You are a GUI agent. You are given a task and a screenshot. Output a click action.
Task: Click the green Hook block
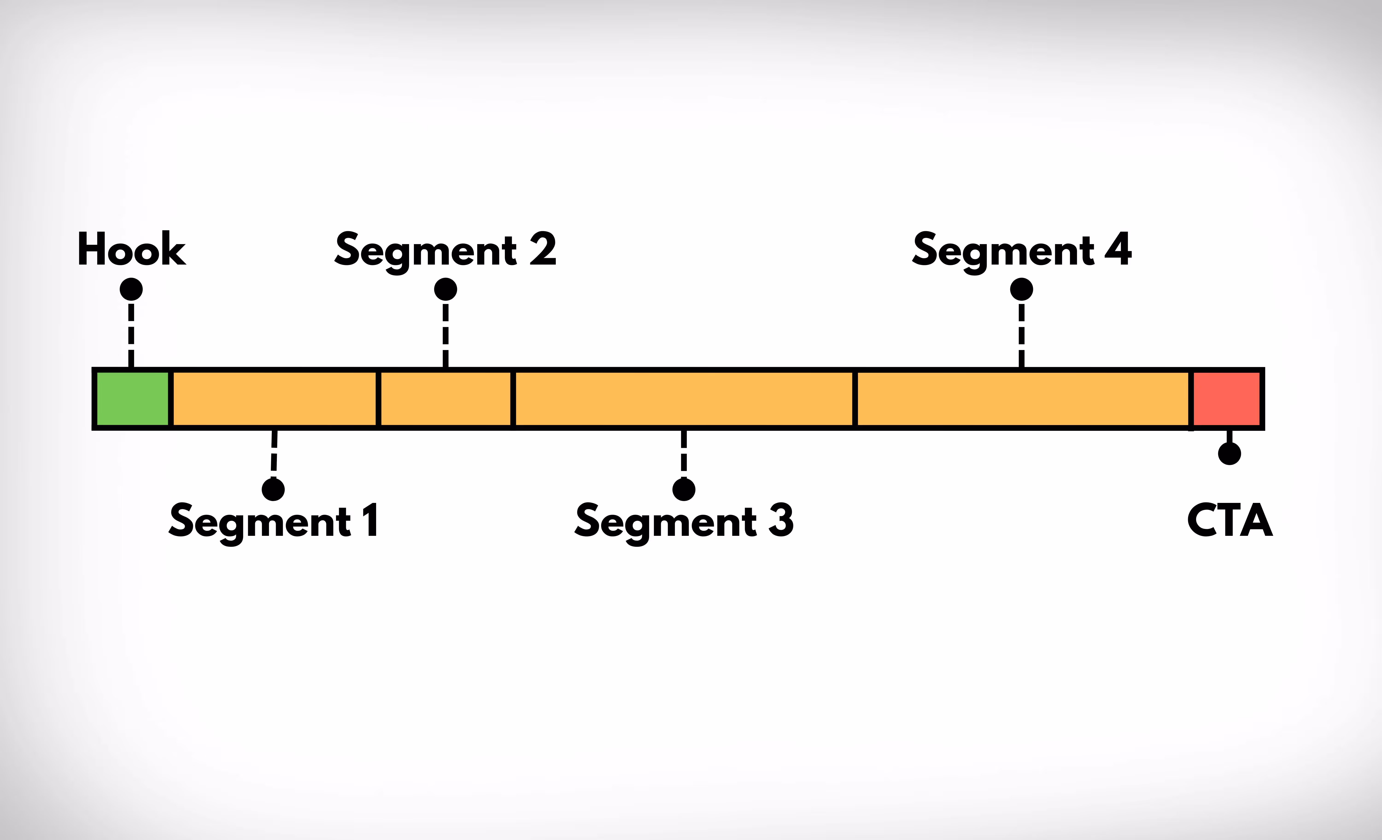click(132, 399)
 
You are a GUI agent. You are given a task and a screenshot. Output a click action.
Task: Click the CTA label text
click(1230, 520)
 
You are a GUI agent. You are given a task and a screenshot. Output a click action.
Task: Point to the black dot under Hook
click(131, 289)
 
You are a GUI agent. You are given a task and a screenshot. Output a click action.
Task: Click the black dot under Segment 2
click(445, 289)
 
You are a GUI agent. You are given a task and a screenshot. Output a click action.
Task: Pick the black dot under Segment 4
click(1021, 289)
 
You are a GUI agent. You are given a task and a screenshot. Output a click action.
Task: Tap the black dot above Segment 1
click(273, 489)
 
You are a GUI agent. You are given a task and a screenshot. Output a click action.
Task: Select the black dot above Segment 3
click(684, 489)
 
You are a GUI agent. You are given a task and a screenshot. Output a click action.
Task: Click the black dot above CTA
click(1230, 453)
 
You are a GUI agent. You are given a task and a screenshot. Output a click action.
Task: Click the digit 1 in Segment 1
click(370, 520)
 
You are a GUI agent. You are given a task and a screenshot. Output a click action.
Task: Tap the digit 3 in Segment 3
click(781, 520)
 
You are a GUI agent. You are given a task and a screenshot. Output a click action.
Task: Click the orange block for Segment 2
click(446, 399)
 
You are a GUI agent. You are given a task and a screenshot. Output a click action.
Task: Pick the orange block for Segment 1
click(274, 399)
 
